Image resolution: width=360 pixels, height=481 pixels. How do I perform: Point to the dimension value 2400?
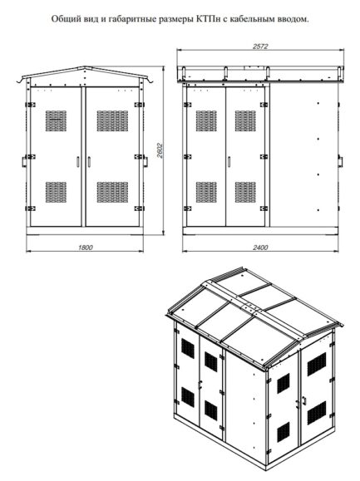(260, 248)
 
